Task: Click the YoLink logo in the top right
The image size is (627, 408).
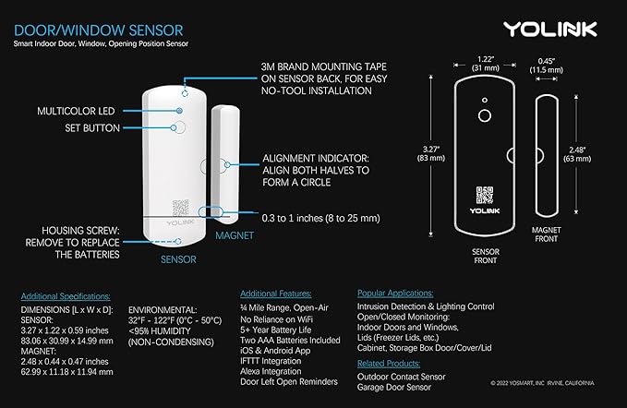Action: point(570,30)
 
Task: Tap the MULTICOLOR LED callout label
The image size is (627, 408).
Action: point(79,111)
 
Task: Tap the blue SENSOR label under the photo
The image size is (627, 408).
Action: point(177,259)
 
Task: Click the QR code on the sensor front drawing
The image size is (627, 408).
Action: point(484,196)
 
